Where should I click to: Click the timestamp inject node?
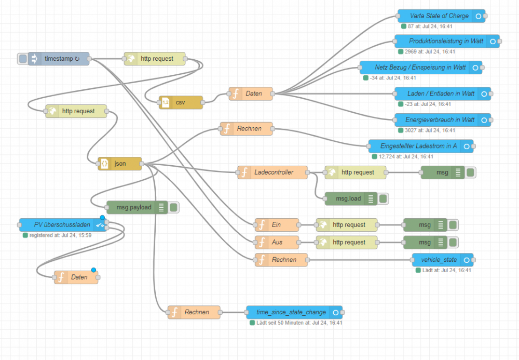click(x=58, y=59)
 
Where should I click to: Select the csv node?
click(x=181, y=102)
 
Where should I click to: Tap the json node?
click(x=120, y=164)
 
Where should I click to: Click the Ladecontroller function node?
click(x=273, y=172)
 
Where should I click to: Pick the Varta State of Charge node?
click(x=439, y=16)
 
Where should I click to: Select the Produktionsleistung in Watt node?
click(x=445, y=42)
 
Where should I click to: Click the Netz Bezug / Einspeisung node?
click(x=420, y=68)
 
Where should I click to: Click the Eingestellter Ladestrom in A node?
click(x=418, y=146)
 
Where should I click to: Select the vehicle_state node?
click(x=439, y=260)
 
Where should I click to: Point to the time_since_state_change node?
click(x=291, y=313)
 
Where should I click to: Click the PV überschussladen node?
click(x=62, y=225)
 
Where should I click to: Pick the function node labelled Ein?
click(x=276, y=225)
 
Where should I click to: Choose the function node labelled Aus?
click(x=276, y=243)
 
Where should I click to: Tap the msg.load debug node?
click(x=348, y=198)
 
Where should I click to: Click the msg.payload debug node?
click(x=134, y=207)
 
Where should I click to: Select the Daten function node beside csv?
click(x=251, y=94)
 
